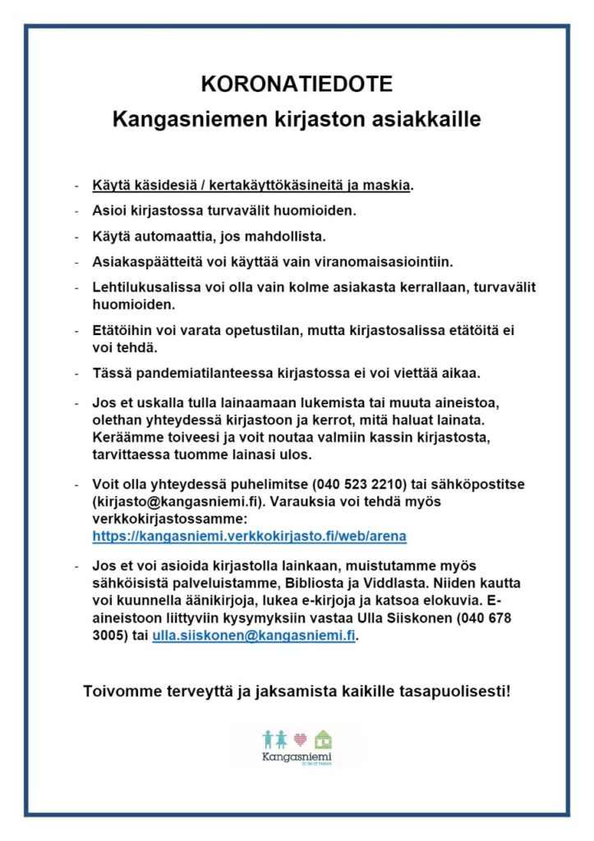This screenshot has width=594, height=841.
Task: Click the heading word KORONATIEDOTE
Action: pos(297,85)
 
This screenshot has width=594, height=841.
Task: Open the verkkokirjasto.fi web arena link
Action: pos(250,535)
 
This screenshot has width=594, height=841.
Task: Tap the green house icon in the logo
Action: pos(324,738)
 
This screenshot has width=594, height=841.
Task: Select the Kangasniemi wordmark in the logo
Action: pos(297,756)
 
